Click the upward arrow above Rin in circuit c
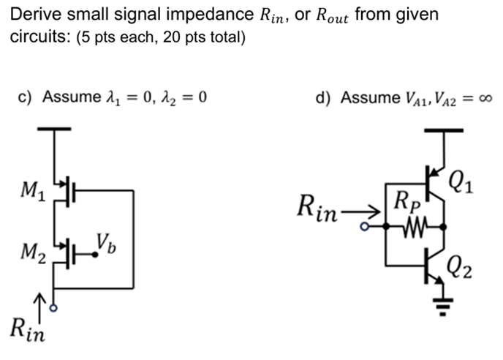(42, 300)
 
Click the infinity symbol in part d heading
(484, 98)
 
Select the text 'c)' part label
(26, 97)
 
